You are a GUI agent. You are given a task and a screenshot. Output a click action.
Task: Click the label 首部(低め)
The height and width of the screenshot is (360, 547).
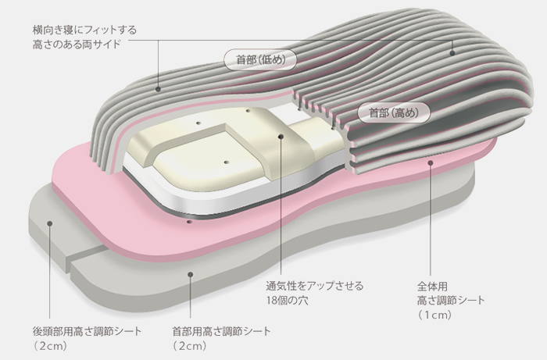coord(260,59)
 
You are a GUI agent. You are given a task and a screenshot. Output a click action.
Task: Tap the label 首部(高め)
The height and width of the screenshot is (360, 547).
coord(394,112)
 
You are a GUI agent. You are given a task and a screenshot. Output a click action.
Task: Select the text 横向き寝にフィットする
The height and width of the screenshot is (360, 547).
coord(84,30)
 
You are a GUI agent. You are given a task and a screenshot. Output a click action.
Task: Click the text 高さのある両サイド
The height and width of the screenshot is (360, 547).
coord(77,45)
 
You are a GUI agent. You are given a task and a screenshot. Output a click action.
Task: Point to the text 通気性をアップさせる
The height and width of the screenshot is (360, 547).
coord(315,286)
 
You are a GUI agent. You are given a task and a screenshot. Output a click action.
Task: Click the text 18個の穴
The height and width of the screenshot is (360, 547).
coord(288,301)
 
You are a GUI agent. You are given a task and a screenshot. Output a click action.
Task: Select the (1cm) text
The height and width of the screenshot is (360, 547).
coord(434,315)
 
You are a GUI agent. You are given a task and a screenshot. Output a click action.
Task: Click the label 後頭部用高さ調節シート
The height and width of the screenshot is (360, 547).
coord(87,331)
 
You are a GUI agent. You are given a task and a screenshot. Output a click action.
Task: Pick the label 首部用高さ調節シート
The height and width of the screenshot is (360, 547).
coord(221,331)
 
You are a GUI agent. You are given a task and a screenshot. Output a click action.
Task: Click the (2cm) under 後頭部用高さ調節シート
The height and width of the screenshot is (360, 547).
coord(50,346)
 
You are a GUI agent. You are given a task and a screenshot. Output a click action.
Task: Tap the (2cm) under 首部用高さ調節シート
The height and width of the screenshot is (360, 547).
coord(190,346)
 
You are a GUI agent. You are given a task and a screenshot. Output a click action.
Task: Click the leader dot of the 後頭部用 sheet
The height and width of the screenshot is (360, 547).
coord(50,223)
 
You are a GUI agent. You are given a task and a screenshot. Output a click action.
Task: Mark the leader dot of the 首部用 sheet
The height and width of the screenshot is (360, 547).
coord(190,275)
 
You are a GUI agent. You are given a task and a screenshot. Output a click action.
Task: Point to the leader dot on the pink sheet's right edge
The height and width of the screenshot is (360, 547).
coord(431,162)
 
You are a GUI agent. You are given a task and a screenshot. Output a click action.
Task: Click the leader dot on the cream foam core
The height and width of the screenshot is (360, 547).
coord(281,136)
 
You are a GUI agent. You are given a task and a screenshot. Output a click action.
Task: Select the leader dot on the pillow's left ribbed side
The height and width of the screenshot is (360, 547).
coord(158,89)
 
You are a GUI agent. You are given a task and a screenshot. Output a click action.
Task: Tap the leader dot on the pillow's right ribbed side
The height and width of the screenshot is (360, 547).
coord(452,53)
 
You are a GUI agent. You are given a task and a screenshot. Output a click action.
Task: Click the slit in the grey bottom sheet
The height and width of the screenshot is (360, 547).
coord(86,255)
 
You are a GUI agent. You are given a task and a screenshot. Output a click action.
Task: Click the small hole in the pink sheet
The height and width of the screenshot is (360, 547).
coord(189,222)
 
